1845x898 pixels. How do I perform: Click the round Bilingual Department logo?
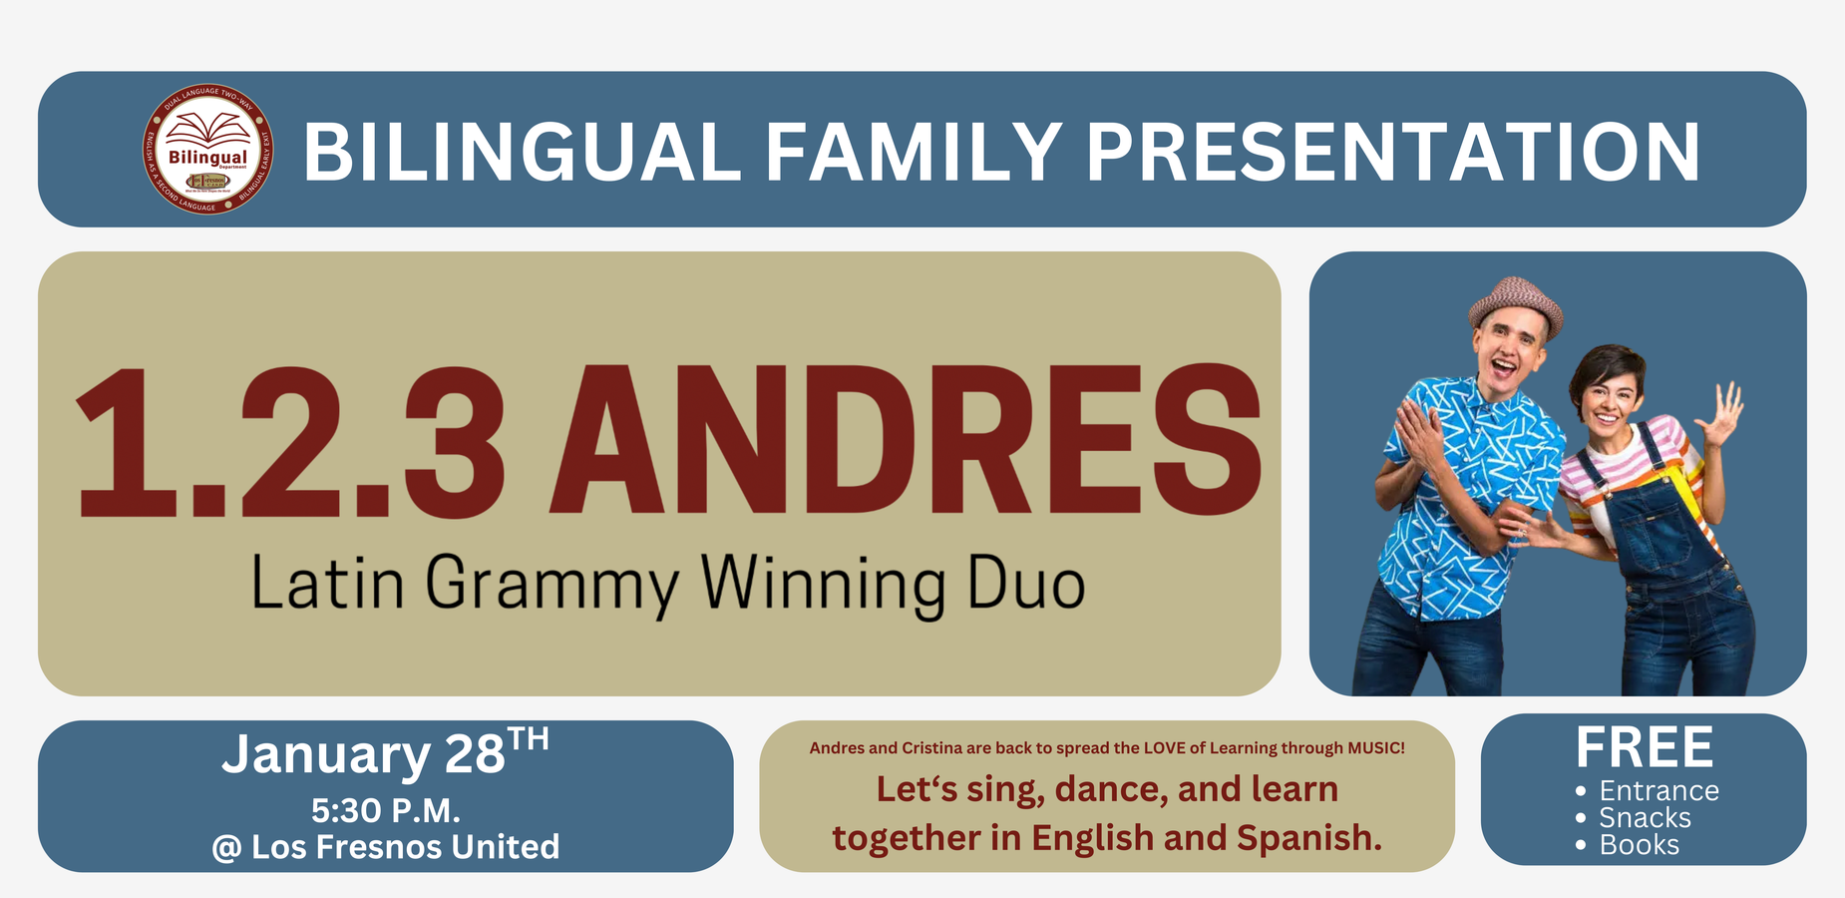[208, 149]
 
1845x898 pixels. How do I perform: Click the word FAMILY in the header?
[914, 152]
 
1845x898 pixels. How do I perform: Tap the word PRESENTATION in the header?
[1392, 152]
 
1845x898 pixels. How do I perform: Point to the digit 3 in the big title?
[454, 441]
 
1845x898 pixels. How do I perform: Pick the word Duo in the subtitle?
[1026, 585]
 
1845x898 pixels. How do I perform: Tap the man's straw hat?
[1515, 304]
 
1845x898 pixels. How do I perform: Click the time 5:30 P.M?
[385, 810]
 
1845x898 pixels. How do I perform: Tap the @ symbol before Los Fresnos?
[226, 848]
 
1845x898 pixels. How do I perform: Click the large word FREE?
[1644, 746]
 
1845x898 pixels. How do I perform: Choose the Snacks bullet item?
[1645, 818]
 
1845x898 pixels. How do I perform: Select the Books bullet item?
[1639, 845]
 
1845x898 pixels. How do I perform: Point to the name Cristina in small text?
[932, 747]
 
